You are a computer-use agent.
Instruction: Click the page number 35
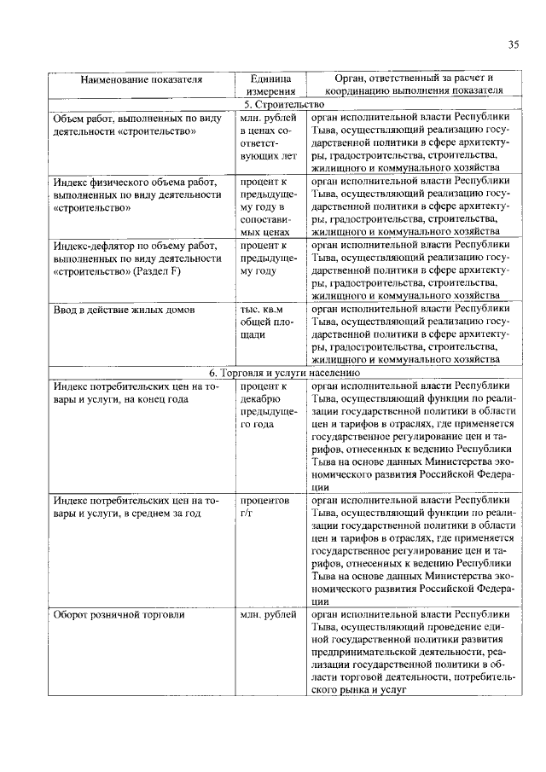point(514,45)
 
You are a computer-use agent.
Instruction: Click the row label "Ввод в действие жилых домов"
point(118,308)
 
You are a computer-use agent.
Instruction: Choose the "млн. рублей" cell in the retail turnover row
point(268,613)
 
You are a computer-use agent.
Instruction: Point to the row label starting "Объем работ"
point(136,125)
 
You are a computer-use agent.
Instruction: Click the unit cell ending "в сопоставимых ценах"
point(270,206)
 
